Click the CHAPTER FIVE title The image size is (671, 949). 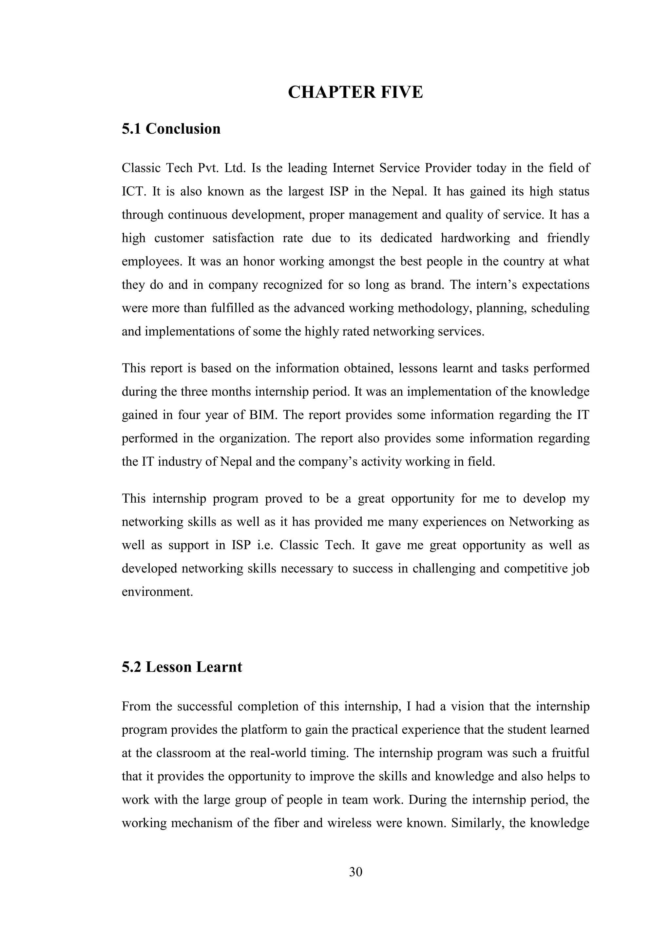[355, 92]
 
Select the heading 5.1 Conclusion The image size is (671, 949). [171, 129]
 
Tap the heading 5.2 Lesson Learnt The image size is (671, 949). [182, 667]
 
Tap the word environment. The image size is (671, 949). [157, 592]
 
